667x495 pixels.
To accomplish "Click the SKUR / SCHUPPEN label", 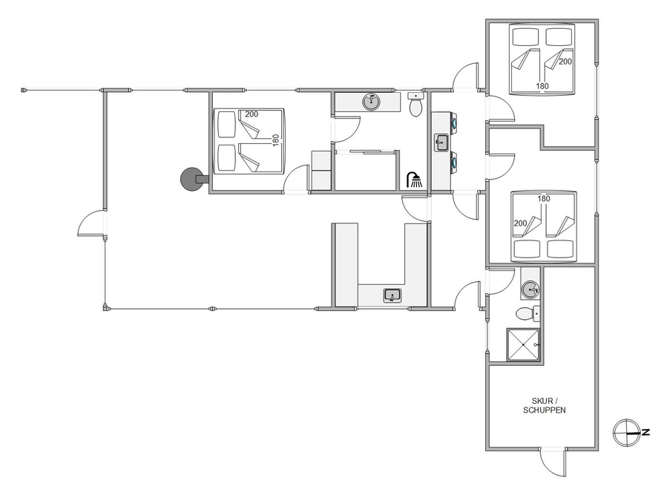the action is [544, 406].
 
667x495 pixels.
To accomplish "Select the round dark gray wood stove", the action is [192, 179].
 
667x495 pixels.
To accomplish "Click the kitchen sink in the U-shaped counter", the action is [392, 295].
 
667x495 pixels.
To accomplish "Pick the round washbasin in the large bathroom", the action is [372, 102].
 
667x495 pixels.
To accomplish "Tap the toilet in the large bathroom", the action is [415, 105].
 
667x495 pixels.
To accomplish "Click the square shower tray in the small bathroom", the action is [523, 345].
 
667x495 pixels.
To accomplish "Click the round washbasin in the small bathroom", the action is [530, 290].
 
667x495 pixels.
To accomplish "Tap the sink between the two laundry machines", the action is [441, 142].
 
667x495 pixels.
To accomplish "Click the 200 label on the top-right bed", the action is [565, 62].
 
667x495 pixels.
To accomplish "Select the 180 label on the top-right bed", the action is [542, 86].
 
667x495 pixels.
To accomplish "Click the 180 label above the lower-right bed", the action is [544, 198].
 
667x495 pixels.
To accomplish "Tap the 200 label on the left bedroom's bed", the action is [252, 114].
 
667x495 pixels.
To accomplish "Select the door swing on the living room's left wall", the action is [91, 223].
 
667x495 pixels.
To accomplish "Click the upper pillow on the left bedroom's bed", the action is [227, 124].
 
